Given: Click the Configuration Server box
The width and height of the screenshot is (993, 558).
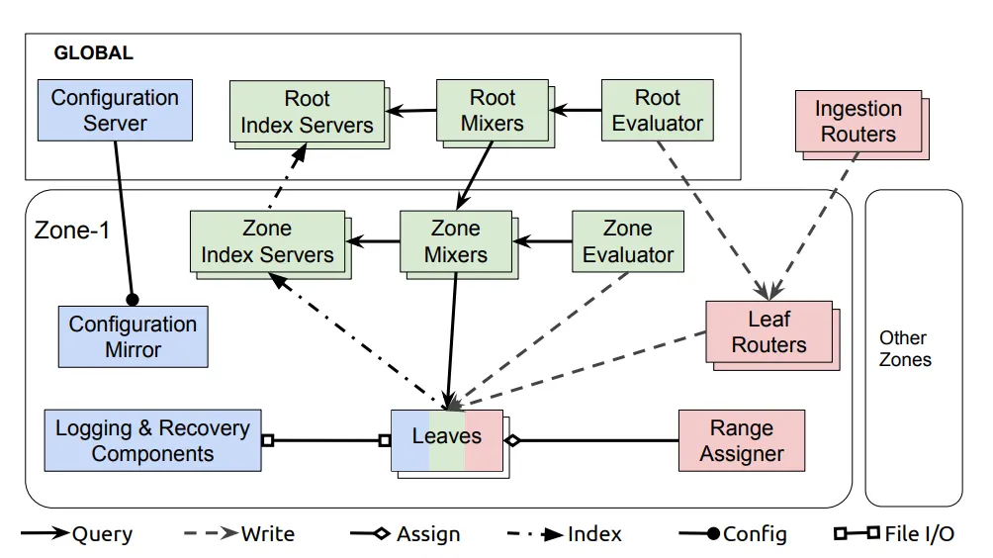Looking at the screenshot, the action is pos(116,110).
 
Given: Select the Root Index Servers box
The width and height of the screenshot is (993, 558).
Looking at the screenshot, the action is pos(308,112).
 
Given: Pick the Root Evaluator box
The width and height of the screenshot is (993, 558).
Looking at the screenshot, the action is pos(658,110).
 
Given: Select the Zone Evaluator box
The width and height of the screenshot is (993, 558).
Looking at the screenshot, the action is pos(628,241).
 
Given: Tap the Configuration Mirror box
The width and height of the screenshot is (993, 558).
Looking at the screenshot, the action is pos(133,337).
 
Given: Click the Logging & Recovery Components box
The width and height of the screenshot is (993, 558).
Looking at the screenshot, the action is pos(152,440).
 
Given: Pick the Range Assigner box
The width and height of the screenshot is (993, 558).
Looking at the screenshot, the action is pos(742,441).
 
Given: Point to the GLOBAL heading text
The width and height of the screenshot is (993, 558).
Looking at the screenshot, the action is pos(94,52).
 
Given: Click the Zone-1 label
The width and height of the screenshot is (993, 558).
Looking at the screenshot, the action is pos(72,230).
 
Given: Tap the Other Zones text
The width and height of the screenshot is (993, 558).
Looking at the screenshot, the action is pos(905,349).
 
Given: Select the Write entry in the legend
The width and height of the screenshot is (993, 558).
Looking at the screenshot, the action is pos(239,534).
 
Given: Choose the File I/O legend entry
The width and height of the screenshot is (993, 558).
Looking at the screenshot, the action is pos(894,534).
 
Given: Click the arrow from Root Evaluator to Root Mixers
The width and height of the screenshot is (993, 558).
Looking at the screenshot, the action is pos(576,110).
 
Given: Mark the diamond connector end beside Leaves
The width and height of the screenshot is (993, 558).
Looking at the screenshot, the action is pos(512,440).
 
